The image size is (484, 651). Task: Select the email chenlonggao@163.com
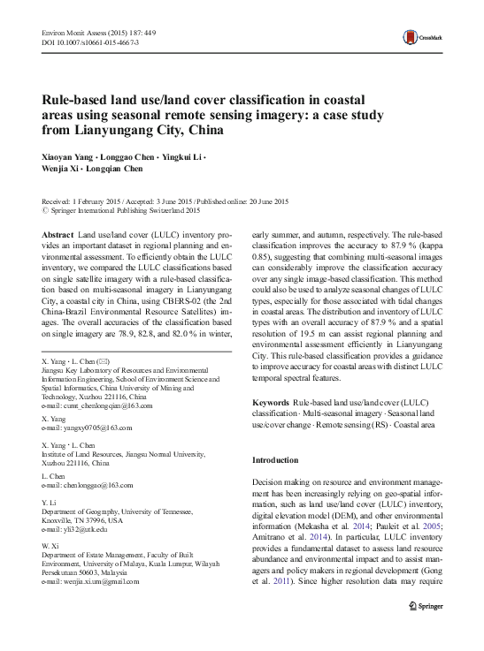88,486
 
